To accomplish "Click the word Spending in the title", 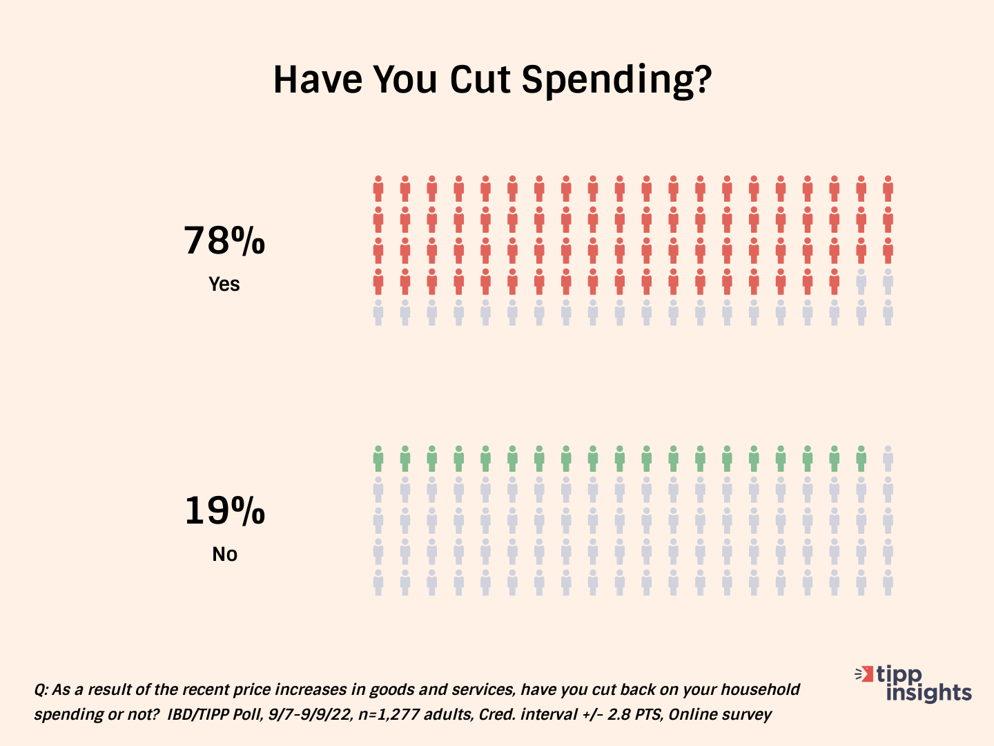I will pyautogui.click(x=616, y=80).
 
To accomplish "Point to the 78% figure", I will pyautogui.click(x=224, y=241).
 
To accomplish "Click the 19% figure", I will pyautogui.click(x=224, y=511).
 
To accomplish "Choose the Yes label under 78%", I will pyautogui.click(x=224, y=284).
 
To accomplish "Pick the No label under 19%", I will pyautogui.click(x=224, y=554).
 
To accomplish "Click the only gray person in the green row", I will pyautogui.click(x=888, y=458).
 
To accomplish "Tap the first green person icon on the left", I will pyautogui.click(x=378, y=458).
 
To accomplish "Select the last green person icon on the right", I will pyautogui.click(x=861, y=458).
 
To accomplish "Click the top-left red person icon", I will pyautogui.click(x=378, y=188).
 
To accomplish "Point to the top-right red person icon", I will pyautogui.click(x=888, y=188).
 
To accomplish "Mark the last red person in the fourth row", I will pyautogui.click(x=834, y=281).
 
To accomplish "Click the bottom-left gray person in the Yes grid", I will pyautogui.click(x=378, y=312).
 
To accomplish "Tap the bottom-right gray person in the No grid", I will pyautogui.click(x=888, y=582).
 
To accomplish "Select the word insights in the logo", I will pyautogui.click(x=928, y=692).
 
